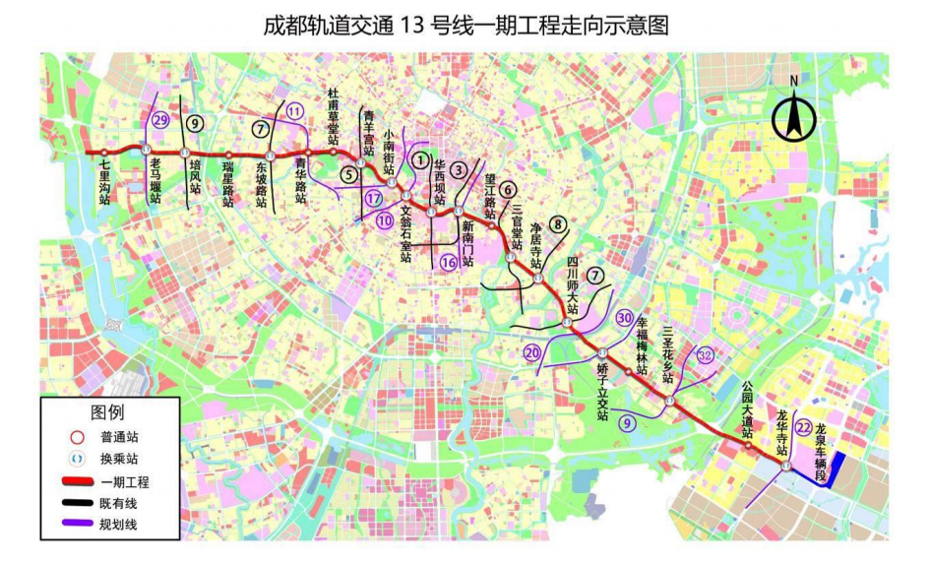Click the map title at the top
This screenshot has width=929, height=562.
(464, 24)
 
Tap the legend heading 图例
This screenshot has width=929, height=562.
(108, 412)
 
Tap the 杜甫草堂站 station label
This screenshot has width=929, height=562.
(334, 117)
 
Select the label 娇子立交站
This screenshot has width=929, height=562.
(602, 392)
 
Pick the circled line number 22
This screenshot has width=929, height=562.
(805, 426)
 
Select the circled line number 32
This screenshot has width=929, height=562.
(705, 354)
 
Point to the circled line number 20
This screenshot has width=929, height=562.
(531, 352)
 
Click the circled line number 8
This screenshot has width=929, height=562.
(558, 223)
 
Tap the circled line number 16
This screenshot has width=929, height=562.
(449, 261)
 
